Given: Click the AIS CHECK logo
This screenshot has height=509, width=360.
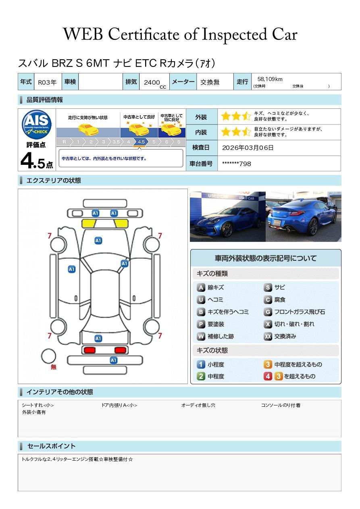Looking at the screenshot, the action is coord(37,125).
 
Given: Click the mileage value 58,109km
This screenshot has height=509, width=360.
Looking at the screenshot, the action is coord(270,79).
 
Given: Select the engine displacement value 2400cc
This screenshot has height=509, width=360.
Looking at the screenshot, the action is coord(155,83).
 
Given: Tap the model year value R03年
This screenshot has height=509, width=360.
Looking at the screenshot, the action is coord(47,82).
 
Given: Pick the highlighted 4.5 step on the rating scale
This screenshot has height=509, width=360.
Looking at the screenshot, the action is coord(141,142).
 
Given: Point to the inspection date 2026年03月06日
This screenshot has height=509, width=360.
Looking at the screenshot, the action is coord(248,148).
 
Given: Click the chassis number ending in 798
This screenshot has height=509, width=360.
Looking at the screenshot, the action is coord(236,164).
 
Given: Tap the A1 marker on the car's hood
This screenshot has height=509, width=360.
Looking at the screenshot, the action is coord(98,241).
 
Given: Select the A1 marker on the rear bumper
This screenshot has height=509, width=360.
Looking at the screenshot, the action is coord(113,360).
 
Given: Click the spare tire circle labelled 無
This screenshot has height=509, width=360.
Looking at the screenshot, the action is coord(48,356).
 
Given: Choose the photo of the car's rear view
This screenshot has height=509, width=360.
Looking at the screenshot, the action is coord(304,216).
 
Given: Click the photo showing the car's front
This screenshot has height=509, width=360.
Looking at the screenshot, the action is coord(228,216).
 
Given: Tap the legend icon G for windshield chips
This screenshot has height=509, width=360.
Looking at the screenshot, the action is coord(268,312).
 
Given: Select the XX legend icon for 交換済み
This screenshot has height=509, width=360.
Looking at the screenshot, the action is coord(268,336).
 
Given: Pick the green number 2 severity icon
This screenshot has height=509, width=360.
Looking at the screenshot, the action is coord(201,376).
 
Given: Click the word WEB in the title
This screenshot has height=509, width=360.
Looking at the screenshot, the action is coord(83,34).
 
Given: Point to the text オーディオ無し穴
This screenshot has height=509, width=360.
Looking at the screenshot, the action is coord(198,405).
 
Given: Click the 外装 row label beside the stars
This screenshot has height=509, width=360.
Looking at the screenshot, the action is coord(201,117).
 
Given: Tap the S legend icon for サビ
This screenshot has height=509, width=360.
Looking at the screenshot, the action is coord(268,288).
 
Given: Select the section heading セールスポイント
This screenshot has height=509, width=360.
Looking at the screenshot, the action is coord(51,446).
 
